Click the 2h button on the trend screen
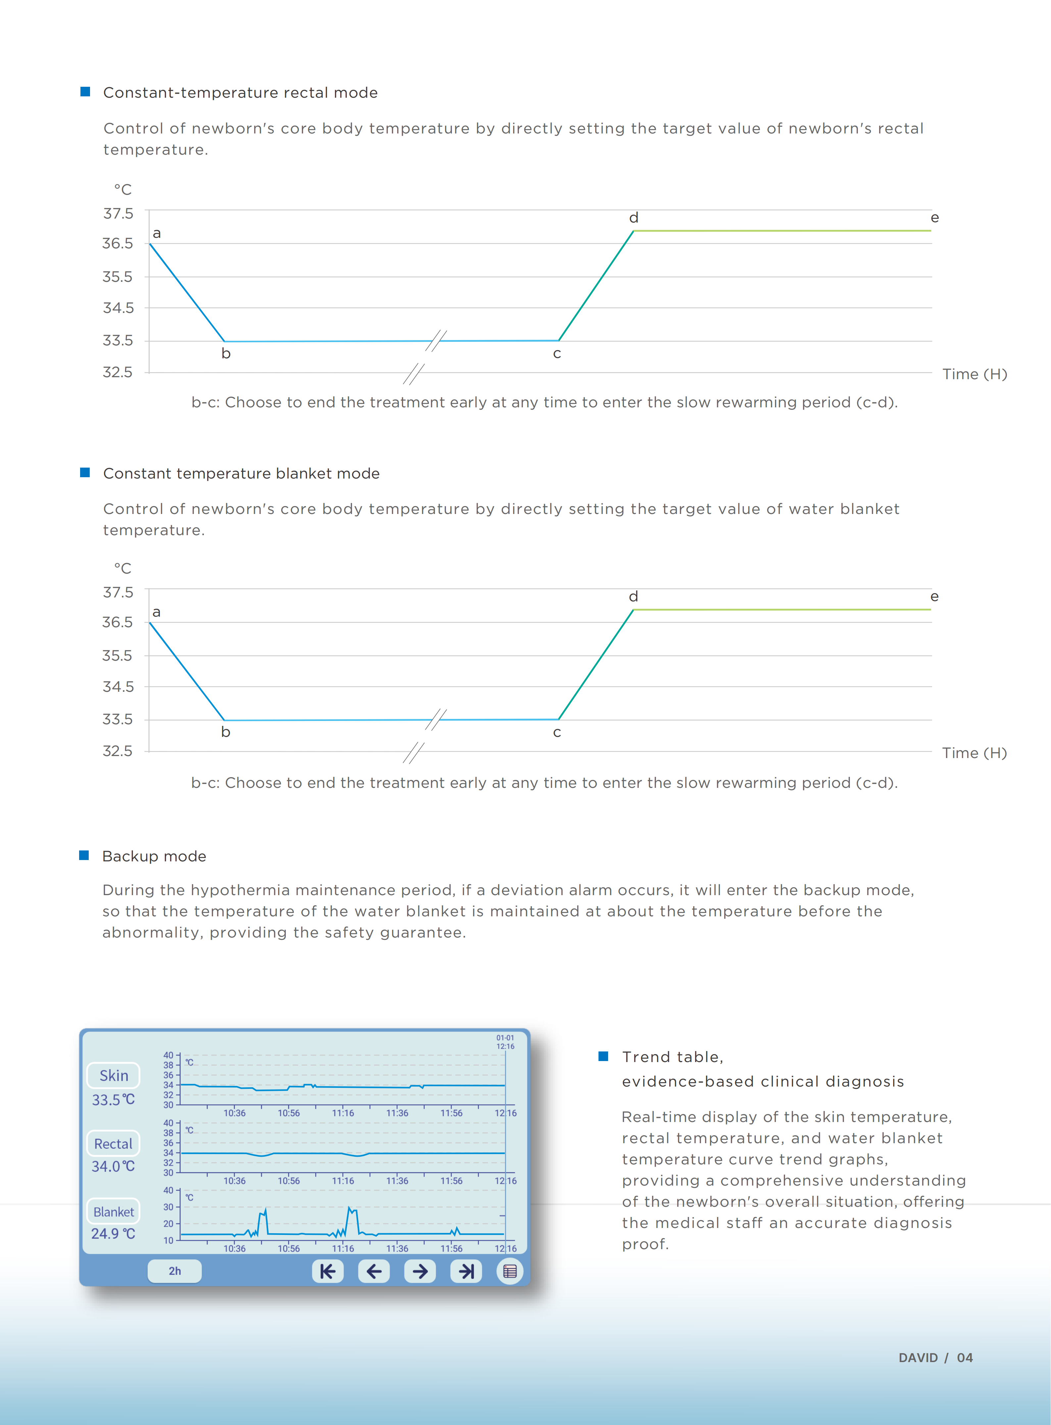point(174,1271)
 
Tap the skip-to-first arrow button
point(328,1271)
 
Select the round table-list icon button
point(509,1271)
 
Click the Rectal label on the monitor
point(113,1144)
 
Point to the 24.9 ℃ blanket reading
point(113,1234)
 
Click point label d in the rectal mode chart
point(634,218)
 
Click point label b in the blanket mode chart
point(225,732)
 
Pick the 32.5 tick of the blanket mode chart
point(118,751)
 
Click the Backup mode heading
point(154,856)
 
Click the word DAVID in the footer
point(918,1357)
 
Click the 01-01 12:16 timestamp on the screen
point(505,1042)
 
